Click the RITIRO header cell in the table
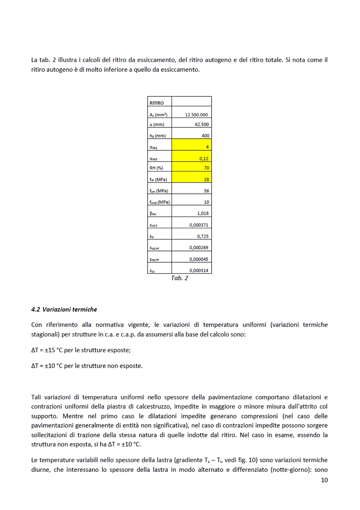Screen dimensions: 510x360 point(157,103)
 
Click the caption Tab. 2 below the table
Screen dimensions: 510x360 point(179,278)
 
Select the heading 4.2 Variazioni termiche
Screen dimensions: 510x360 point(64,309)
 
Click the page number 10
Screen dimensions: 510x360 point(324,480)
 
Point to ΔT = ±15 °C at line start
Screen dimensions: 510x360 point(47,350)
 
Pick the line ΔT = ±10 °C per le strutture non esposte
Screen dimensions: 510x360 point(87,365)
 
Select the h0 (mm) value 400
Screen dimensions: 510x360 point(205,135)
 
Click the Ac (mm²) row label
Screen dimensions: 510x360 point(158,115)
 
